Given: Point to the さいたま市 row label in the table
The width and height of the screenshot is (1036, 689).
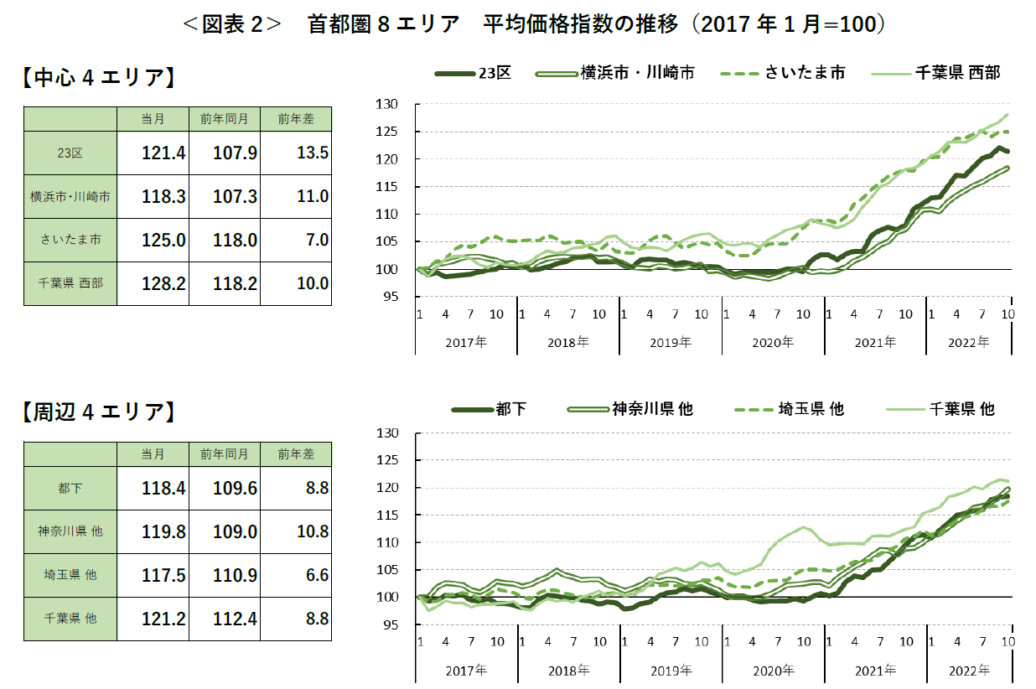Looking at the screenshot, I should click(x=70, y=240).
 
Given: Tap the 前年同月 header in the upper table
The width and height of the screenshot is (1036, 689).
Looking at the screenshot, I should click(x=224, y=119).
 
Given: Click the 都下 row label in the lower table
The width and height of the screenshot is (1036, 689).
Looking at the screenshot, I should click(x=70, y=488).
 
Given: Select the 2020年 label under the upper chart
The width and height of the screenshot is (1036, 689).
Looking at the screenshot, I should click(x=773, y=342).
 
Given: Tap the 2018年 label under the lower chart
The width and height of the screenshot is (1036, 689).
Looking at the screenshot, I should click(x=568, y=671).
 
